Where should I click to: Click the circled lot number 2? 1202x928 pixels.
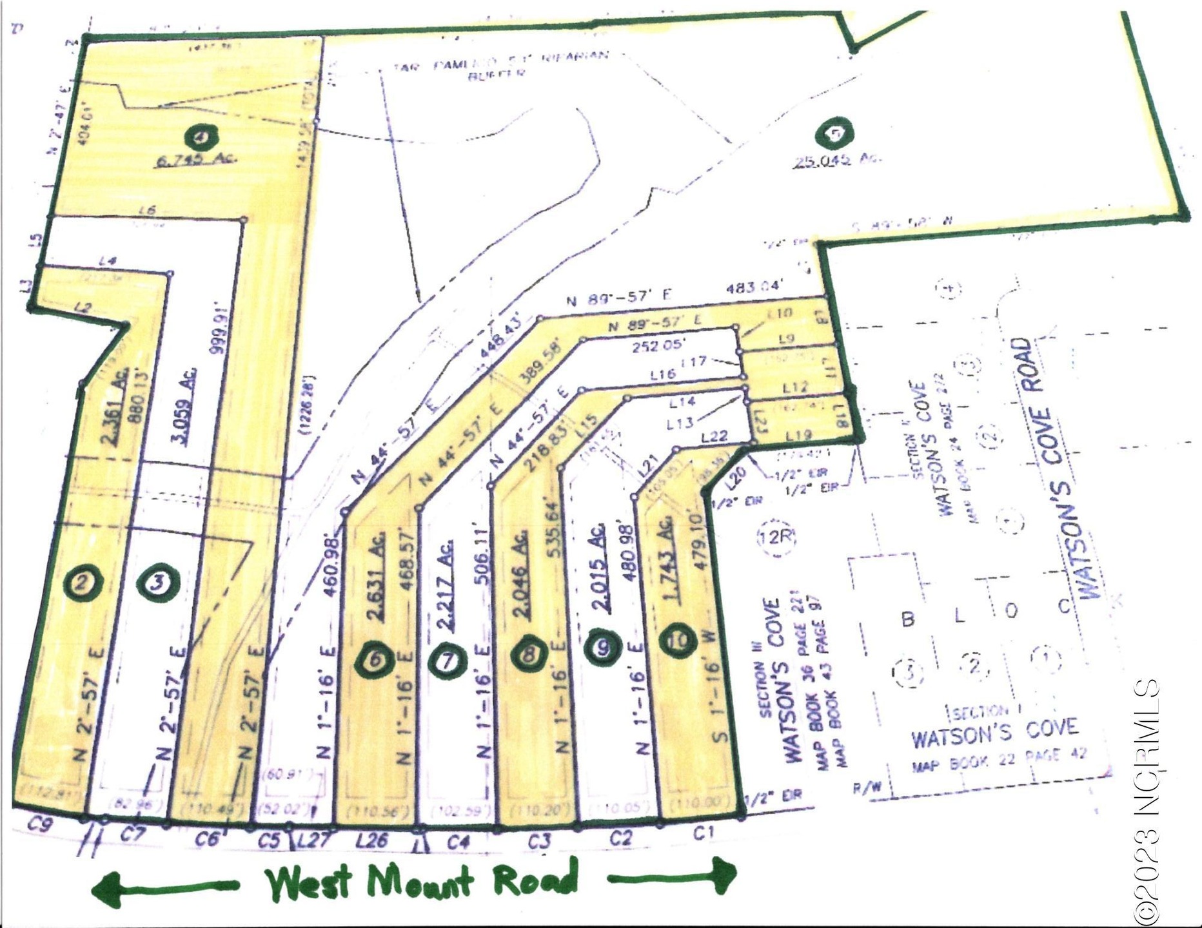click(84, 583)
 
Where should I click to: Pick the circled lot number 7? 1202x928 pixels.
click(447, 661)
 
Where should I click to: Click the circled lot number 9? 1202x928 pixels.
click(603, 648)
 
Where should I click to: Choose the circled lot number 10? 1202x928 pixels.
click(678, 642)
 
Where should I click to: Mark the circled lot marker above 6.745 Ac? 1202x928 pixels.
click(201, 137)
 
